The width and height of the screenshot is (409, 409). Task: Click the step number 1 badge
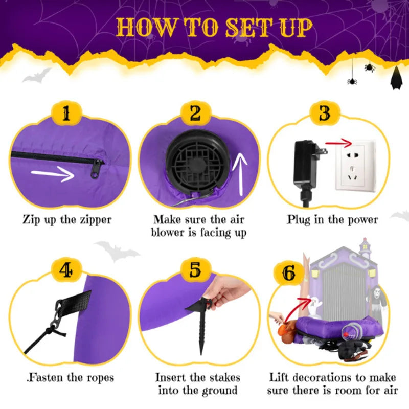66,113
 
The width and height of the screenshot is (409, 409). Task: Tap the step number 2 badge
195,113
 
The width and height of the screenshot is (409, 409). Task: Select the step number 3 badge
325,113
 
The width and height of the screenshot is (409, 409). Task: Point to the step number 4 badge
66,270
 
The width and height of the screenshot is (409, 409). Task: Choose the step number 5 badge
195,270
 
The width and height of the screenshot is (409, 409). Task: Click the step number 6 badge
289,274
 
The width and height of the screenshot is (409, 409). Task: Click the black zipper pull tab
96,169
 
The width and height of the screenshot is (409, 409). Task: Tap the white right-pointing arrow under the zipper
53,175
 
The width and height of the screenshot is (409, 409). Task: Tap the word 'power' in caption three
360,220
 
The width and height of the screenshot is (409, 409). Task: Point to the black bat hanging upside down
395,79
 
